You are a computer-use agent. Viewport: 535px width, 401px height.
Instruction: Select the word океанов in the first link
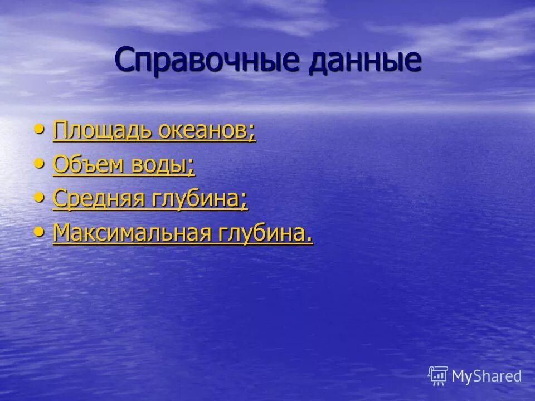point(204,131)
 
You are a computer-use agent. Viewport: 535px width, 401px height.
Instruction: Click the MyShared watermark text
point(487,376)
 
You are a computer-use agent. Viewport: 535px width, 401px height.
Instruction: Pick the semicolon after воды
point(192,168)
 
